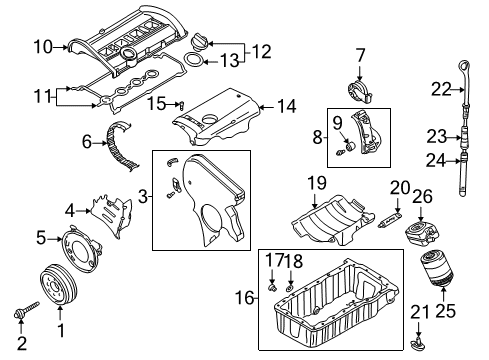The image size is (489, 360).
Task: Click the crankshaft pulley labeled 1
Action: pyautogui.click(x=59, y=283)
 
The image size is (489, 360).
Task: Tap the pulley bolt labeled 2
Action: pyautogui.click(x=27, y=310)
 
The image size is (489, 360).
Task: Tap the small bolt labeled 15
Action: pyautogui.click(x=182, y=105)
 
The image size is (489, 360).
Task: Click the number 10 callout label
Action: pyautogui.click(x=43, y=47)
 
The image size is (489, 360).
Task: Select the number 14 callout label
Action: pyautogui.click(x=286, y=106)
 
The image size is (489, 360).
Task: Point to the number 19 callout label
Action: pyautogui.click(x=317, y=183)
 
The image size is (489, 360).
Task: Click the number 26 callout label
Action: pyautogui.click(x=423, y=196)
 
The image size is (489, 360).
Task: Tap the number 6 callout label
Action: pyautogui.click(x=86, y=142)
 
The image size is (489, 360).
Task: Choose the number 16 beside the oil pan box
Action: pyautogui.click(x=244, y=297)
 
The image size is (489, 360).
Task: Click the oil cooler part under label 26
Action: pyautogui.click(x=421, y=232)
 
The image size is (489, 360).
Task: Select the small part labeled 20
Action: pyautogui.click(x=391, y=219)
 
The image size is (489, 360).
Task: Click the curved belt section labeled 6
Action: pyautogui.click(x=121, y=147)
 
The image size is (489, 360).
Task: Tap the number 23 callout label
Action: pyautogui.click(x=437, y=137)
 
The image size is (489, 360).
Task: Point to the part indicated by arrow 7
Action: pyautogui.click(x=360, y=92)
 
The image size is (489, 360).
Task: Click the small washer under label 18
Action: pyautogui.click(x=290, y=287)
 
